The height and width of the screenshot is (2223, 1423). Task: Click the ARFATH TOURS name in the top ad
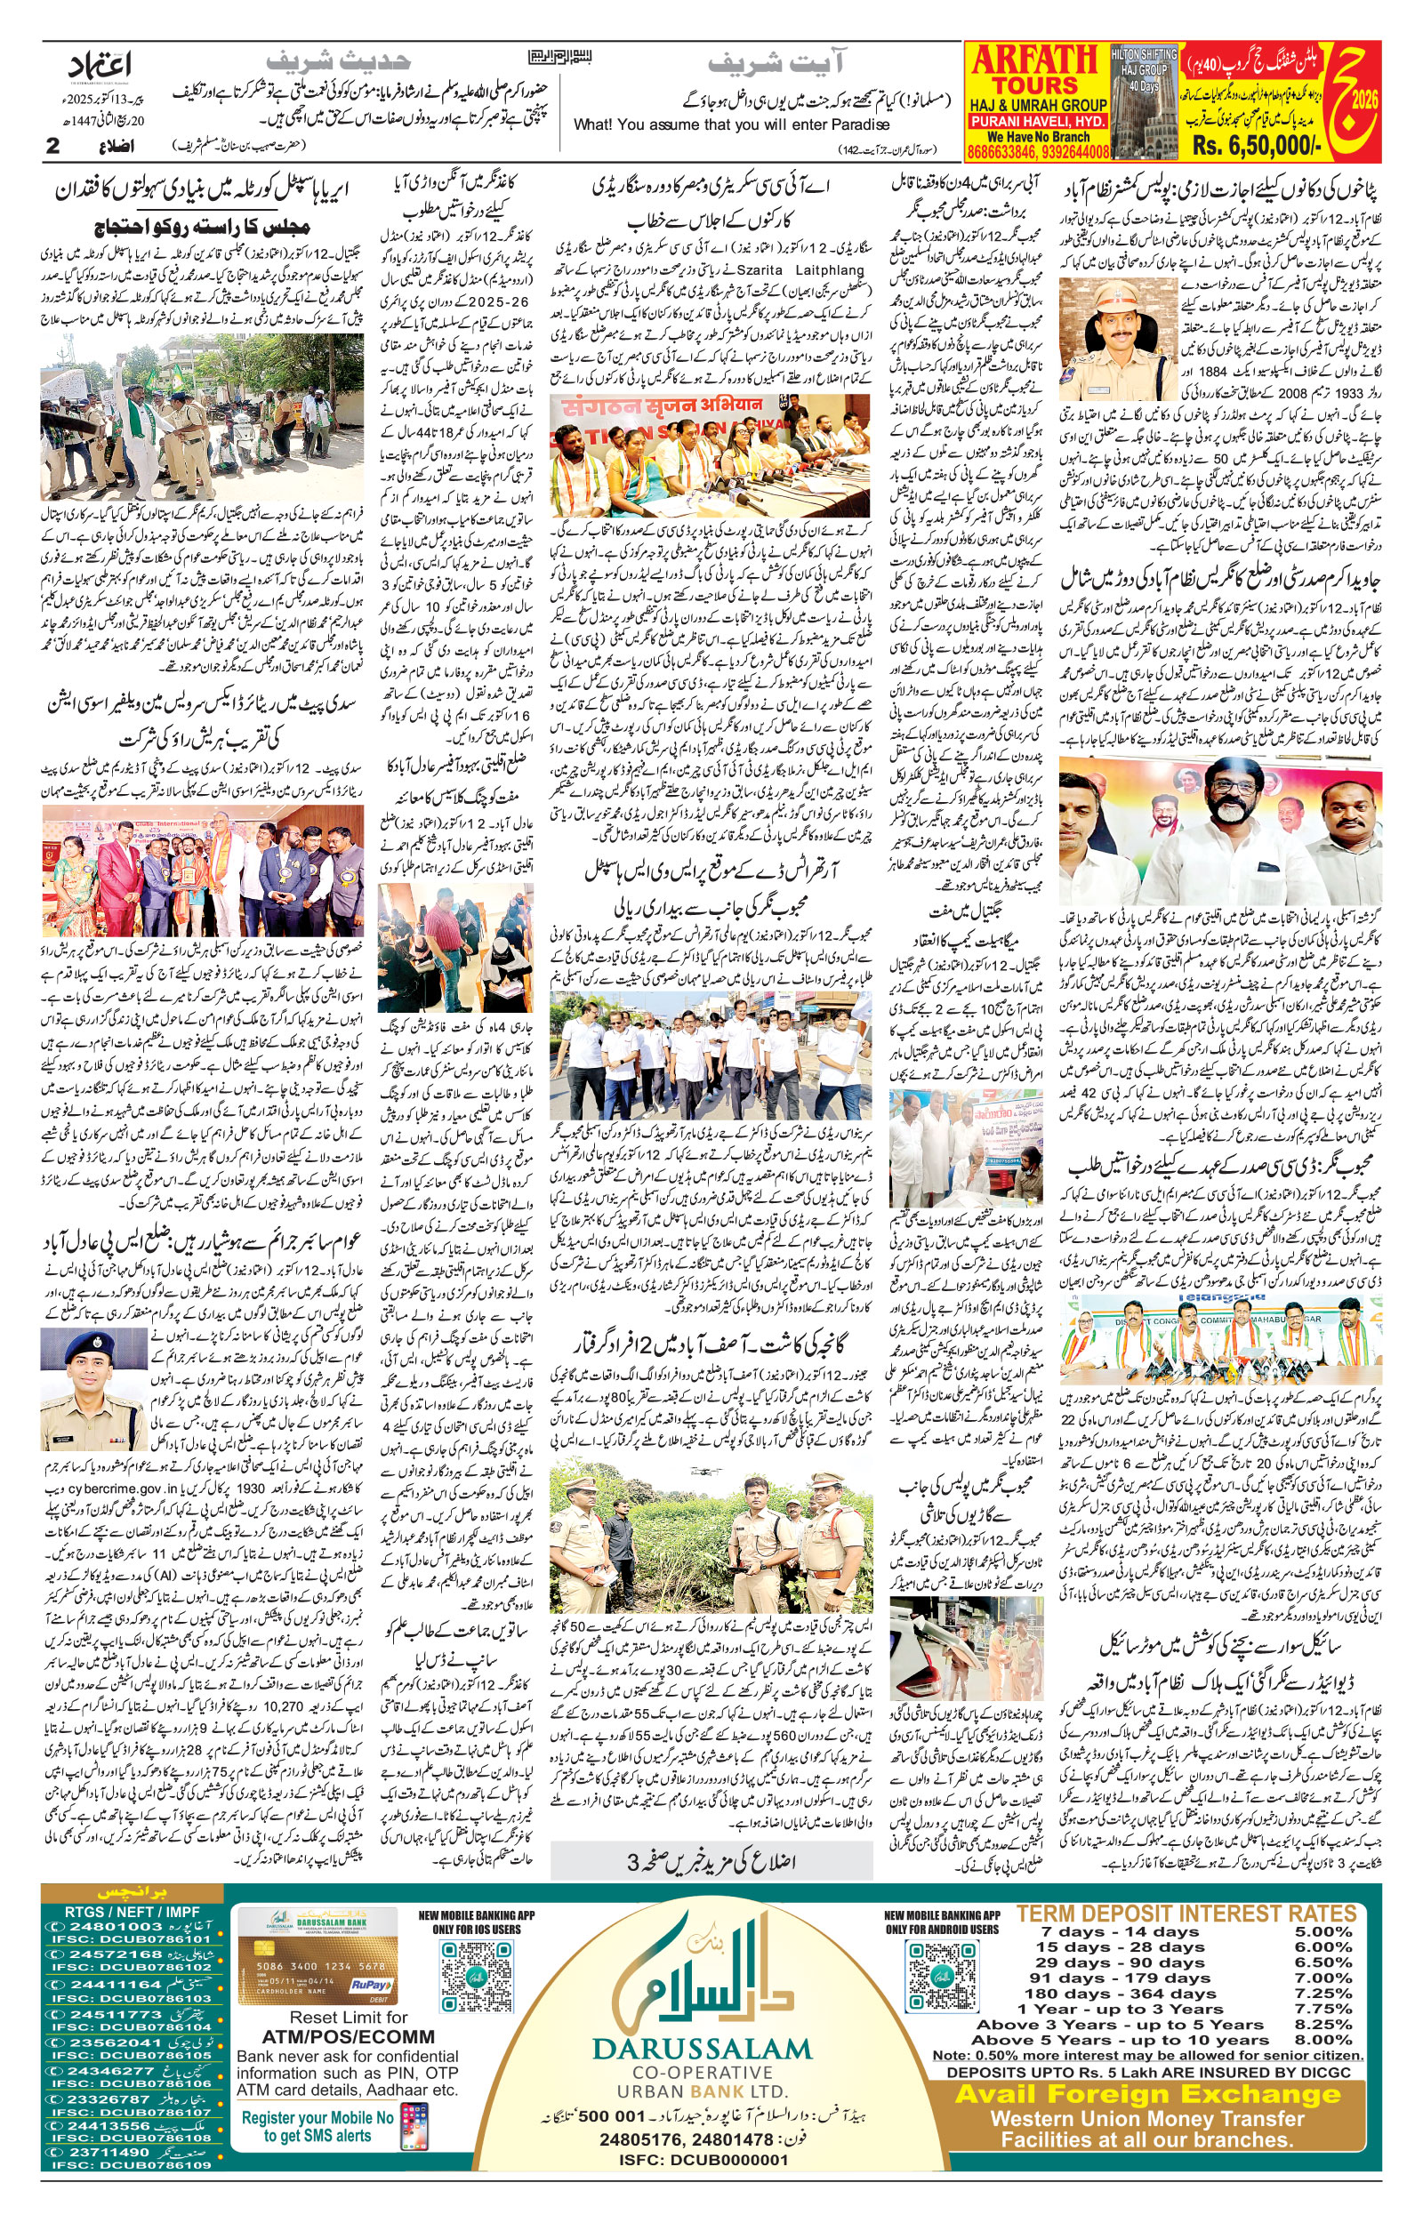(x=1034, y=69)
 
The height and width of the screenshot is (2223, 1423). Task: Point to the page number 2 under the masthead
(x=52, y=146)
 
